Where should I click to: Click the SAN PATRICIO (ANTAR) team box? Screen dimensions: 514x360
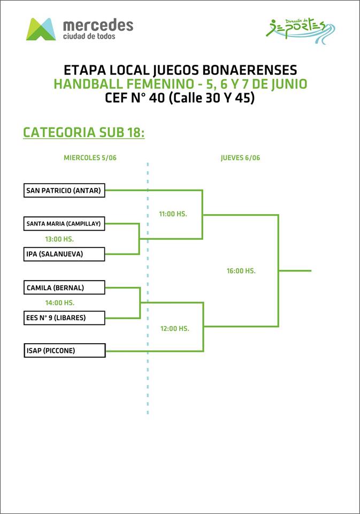pos(64,190)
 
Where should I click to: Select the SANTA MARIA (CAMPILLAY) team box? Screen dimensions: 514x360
pos(64,224)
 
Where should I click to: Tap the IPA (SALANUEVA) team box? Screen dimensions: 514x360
pos(64,254)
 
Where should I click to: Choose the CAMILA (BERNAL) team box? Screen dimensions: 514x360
pos(64,288)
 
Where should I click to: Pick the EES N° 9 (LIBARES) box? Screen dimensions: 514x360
pos(64,318)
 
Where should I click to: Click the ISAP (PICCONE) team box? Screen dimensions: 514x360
pos(64,351)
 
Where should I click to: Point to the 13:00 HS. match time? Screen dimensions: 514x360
pos(59,239)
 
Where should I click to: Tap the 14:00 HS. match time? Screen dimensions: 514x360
pos(59,303)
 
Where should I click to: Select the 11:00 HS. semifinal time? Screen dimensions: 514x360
pos(173,214)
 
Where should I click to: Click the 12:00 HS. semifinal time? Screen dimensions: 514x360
pos(174,328)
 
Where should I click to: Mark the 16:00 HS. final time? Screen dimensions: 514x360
pos(241,271)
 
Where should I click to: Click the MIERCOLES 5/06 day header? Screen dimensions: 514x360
pos(90,158)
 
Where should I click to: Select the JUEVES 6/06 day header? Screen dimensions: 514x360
pos(240,158)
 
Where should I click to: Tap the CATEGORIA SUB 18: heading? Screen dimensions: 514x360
pos(84,132)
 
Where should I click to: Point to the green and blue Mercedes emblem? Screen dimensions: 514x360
pos(41,29)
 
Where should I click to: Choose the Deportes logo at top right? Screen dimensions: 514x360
pos(300,27)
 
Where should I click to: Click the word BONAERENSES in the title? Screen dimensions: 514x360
pos(252,70)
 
